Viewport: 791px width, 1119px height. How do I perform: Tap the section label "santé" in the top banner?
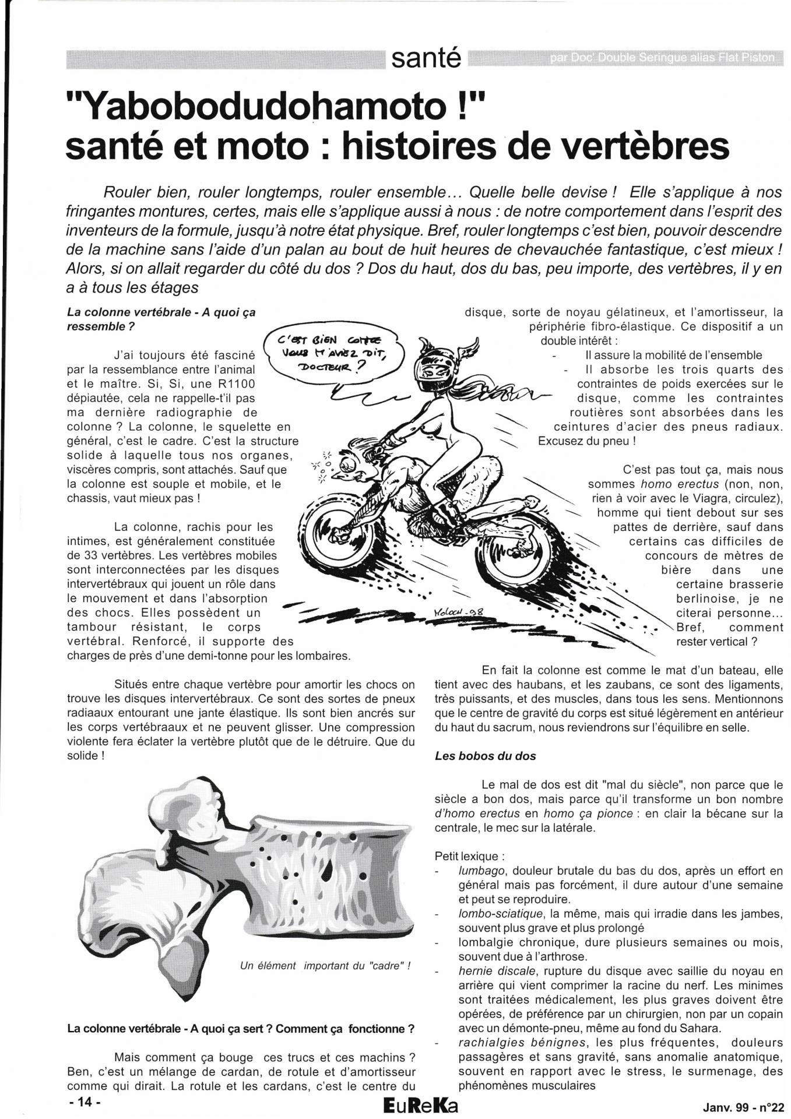coord(426,58)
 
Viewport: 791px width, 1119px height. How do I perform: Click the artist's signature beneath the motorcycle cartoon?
coord(456,613)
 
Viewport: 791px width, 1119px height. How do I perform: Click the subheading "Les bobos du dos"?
coord(485,756)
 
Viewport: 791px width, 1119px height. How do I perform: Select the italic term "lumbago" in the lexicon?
coord(481,871)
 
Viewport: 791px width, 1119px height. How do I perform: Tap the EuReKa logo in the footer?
coord(421,1105)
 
